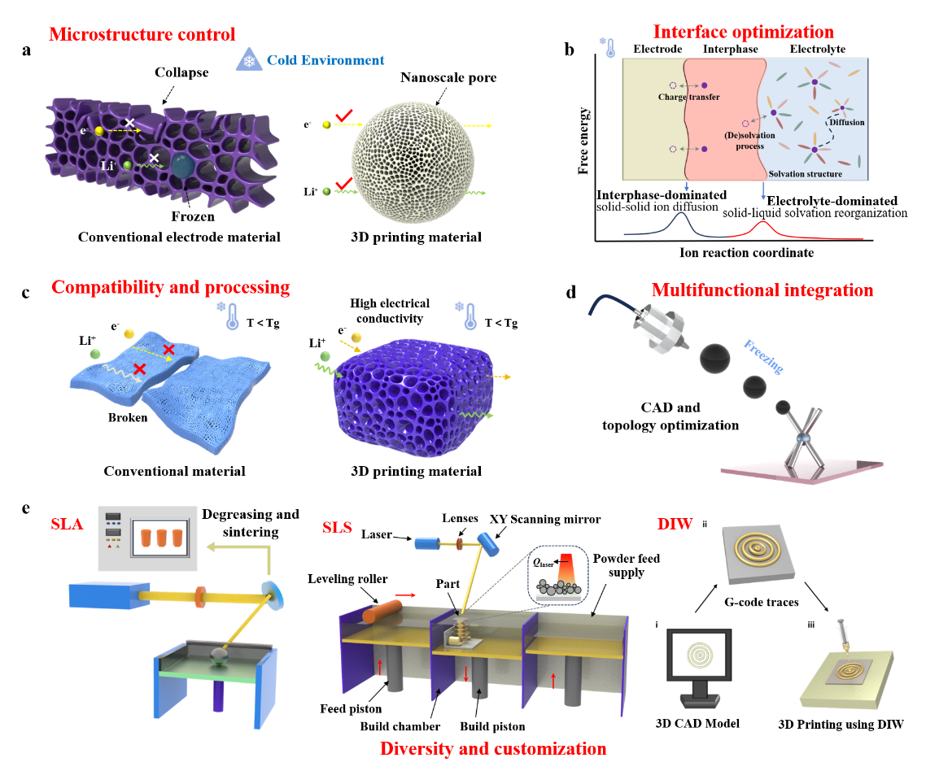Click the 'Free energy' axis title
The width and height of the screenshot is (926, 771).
click(583, 141)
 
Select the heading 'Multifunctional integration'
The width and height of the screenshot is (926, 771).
click(762, 290)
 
